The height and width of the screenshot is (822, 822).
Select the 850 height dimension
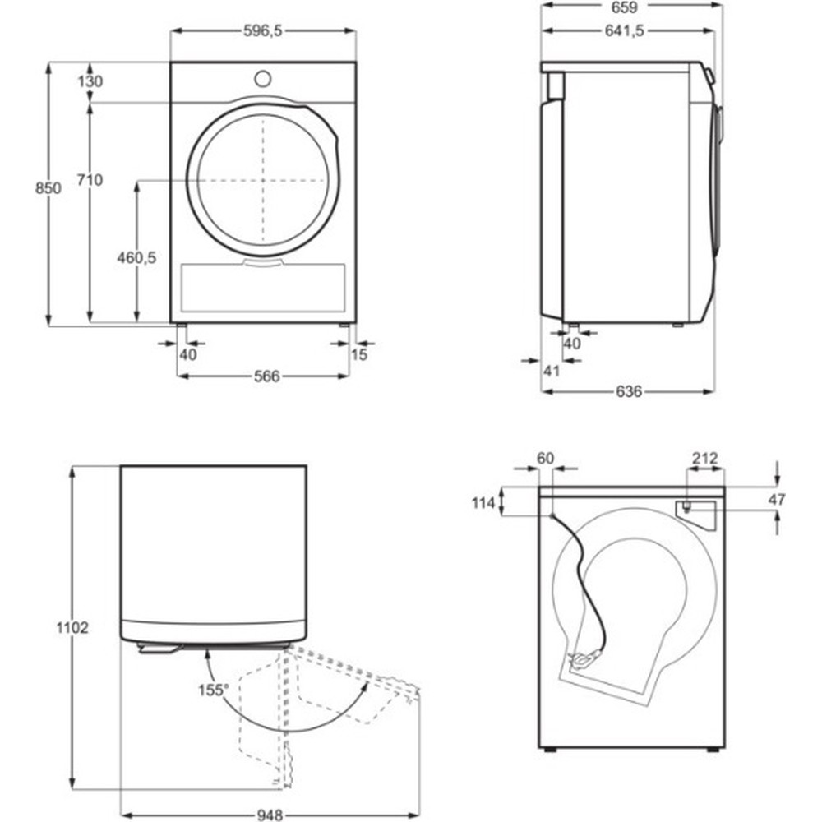[48, 188]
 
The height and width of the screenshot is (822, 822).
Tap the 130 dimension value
[91, 81]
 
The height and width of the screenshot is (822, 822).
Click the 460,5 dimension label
[136, 257]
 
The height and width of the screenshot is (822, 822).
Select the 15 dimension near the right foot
[358, 354]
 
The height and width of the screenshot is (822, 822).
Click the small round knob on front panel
[263, 78]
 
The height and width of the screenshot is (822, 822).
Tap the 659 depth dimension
[632, 6]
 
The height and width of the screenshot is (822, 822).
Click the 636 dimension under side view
[628, 391]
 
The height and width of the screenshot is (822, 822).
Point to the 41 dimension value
[552, 371]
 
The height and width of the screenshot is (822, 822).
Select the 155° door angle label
[213, 690]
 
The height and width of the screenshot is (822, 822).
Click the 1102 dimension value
[74, 627]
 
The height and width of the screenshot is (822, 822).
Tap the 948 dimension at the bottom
[269, 815]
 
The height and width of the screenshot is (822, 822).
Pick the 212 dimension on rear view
[705, 458]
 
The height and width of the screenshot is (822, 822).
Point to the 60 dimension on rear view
[545, 458]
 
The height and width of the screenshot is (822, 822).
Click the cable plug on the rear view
[580, 658]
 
